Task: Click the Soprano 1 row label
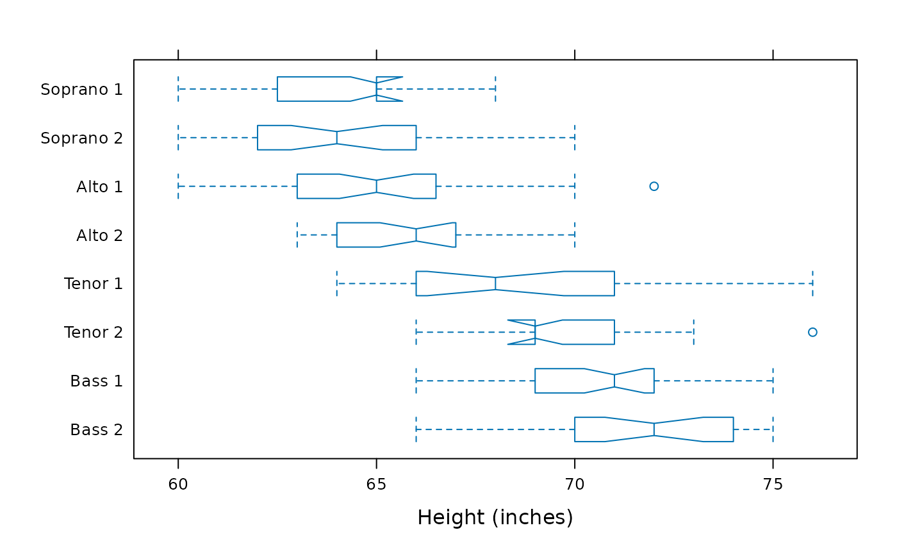82,89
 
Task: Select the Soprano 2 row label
82,138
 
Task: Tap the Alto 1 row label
100,186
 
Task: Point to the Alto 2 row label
100,235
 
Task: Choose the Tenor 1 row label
94,284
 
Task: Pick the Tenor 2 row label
94,333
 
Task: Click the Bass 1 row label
97,381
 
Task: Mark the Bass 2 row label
97,429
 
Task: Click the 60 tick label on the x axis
178,485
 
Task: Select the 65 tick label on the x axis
377,485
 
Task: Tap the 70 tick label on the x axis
575,485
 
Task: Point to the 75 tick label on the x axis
773,485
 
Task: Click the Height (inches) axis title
495,517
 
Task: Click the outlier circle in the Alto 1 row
654,186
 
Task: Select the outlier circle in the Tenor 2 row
812,332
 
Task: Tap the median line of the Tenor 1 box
495,283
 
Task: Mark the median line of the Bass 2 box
654,429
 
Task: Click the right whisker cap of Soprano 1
495,89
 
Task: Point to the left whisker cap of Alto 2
297,235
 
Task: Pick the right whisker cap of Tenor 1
812,283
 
